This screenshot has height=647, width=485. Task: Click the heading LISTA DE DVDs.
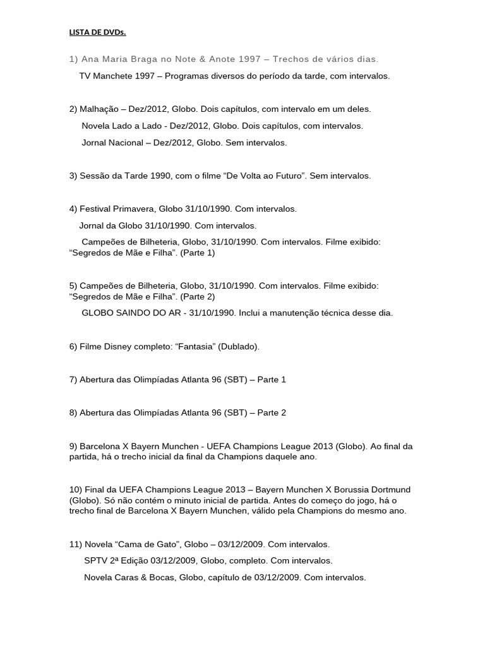(x=97, y=32)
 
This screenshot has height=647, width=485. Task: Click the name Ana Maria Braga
(x=111, y=59)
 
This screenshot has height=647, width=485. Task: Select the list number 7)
(x=73, y=380)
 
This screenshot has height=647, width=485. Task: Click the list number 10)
(x=76, y=490)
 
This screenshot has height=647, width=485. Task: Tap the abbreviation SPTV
(x=95, y=560)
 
